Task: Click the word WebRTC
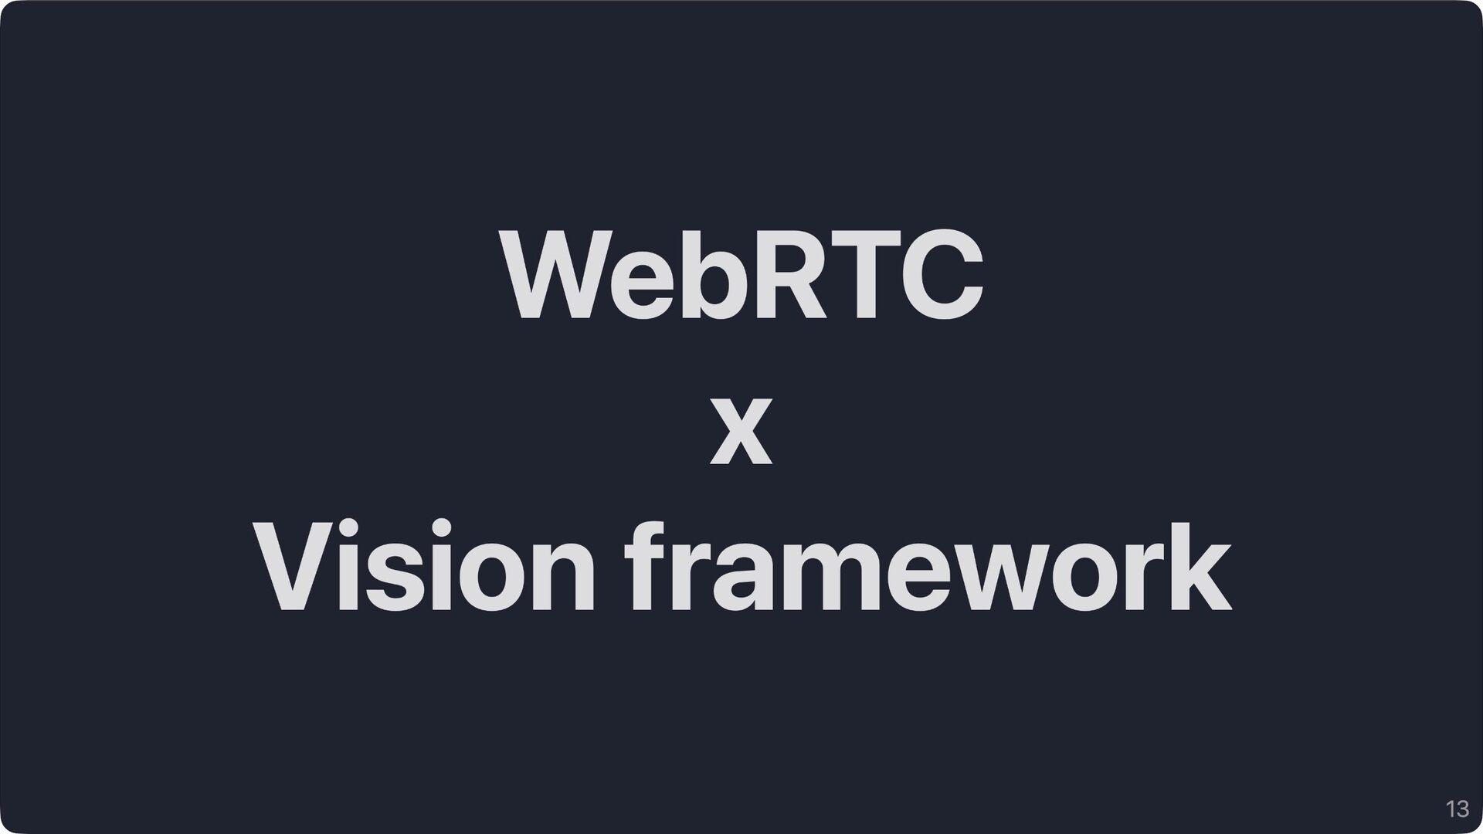(741, 275)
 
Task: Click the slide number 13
(1457, 810)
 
